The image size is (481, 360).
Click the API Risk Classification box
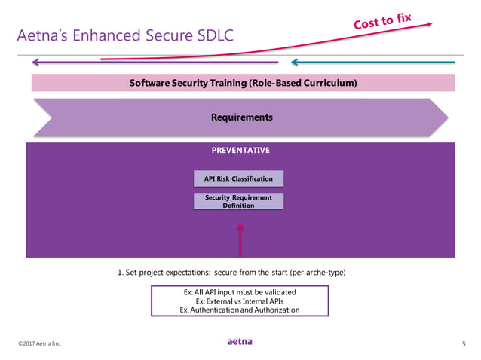238,178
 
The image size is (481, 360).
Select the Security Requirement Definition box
238,201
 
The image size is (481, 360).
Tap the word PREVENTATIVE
240,151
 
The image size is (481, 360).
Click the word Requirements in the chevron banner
241,117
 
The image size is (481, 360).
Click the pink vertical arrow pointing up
240,239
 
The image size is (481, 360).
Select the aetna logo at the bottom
240,342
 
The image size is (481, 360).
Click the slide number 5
463,344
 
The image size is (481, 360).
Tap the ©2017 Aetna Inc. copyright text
40,344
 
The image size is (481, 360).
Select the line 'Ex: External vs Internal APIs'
240,301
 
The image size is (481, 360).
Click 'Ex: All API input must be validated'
240,292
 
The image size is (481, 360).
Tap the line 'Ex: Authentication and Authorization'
240,310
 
